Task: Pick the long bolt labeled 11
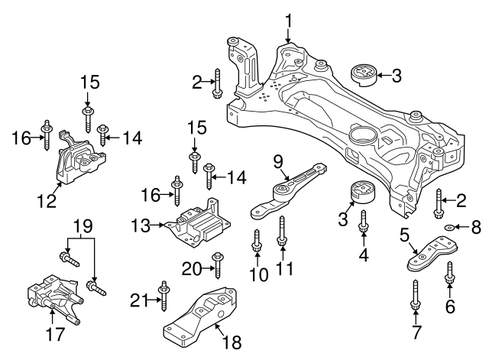tap(283, 231)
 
